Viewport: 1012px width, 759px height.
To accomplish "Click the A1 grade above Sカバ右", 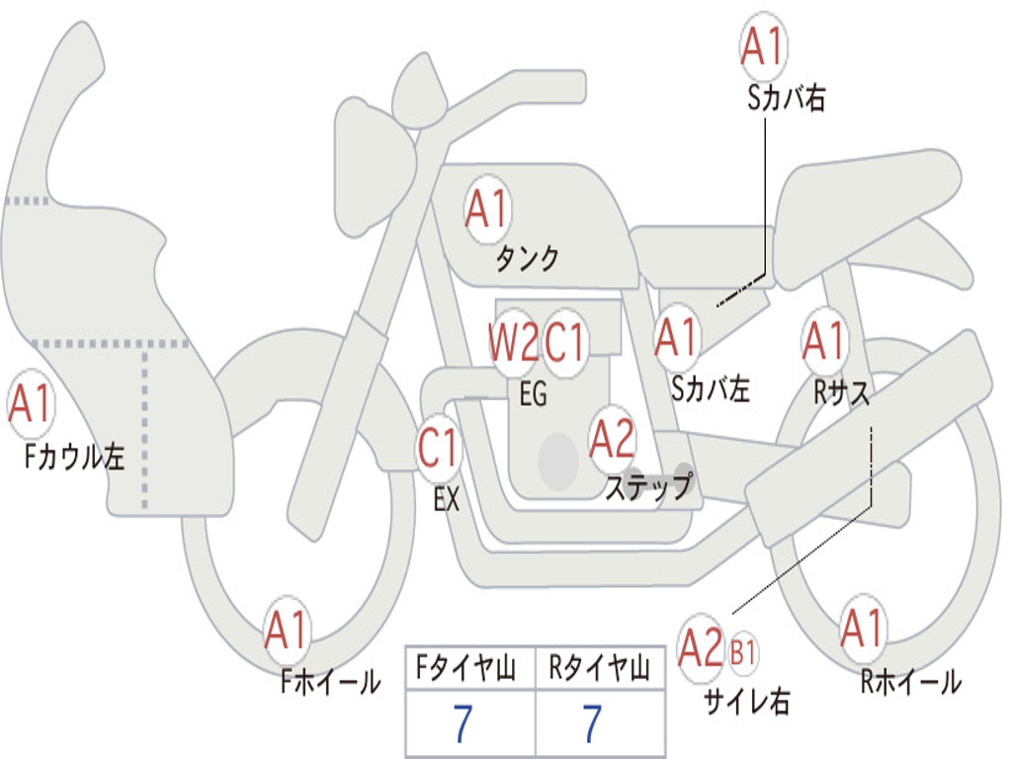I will point(763,46).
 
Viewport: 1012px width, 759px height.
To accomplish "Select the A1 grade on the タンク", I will point(486,210).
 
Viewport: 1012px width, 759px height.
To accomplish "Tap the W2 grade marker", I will point(513,343).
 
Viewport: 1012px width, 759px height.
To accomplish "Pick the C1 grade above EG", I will point(566,343).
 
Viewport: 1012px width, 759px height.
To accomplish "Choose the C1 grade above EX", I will point(438,450).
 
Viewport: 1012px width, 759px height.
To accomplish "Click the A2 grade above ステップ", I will point(612,440).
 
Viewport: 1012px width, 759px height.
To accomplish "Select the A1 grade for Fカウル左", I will point(30,404).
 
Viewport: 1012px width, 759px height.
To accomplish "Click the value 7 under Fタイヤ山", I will point(462,725).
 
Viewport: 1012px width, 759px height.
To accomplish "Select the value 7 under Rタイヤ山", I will point(592,725).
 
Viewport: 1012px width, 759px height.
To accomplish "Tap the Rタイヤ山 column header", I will point(599,671).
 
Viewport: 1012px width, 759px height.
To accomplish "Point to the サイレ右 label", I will point(746,701).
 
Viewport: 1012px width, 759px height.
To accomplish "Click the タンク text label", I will point(527,259).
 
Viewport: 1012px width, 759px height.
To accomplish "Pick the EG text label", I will point(533,394).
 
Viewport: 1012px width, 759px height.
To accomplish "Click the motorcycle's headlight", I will point(373,163).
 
